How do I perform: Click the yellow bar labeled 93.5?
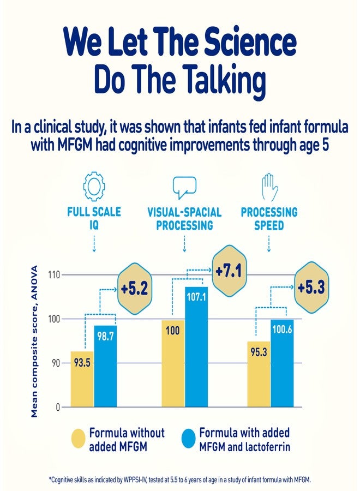coord(82,379)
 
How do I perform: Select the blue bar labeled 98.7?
coord(105,366)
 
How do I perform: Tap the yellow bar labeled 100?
coord(173,363)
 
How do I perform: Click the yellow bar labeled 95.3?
coord(259,374)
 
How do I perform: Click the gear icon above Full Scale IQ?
coord(94,185)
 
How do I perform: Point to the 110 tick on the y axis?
coord(53,274)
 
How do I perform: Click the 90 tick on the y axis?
coord(55,363)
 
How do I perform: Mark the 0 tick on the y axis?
coord(57,407)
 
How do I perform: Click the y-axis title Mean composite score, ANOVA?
coord(34,342)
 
